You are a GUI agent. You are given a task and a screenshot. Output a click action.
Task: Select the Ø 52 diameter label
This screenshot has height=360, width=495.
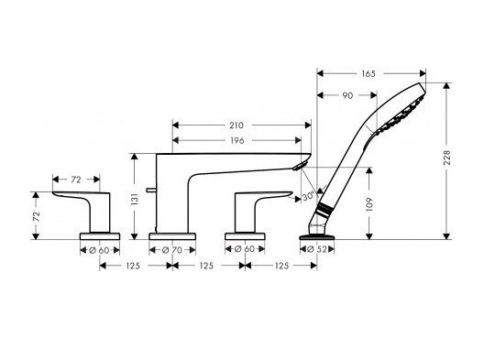coord(319,247)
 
